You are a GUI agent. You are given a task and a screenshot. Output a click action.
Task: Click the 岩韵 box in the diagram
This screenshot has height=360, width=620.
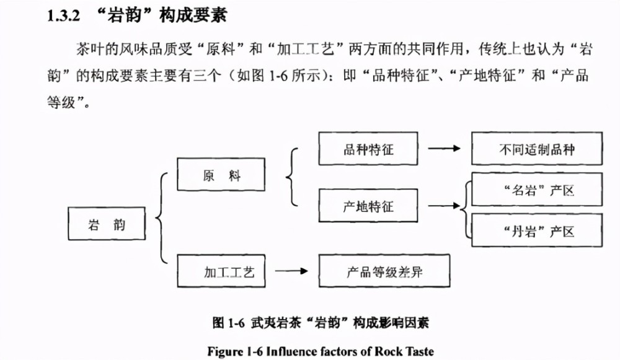point(107,224)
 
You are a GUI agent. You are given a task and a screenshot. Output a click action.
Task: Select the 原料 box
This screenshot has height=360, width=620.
point(221,174)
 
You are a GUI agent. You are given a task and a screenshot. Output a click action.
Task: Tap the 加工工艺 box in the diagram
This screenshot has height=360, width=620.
point(221,271)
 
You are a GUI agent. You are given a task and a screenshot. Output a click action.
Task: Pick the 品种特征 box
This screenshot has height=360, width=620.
point(368,149)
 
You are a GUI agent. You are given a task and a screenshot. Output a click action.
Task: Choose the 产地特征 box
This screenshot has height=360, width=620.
point(368,206)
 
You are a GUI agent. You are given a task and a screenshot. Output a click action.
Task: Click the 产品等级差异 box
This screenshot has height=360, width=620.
point(384,271)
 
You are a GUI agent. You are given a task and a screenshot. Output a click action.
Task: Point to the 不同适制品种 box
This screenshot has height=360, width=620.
point(537,149)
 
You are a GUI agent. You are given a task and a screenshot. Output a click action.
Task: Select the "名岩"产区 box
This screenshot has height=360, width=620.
point(537,190)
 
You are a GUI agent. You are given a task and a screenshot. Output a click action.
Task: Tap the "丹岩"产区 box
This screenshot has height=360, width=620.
point(537,230)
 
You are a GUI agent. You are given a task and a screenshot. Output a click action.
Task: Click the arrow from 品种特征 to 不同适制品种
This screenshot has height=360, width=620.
point(445,149)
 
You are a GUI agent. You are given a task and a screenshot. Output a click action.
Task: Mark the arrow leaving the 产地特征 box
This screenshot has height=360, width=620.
point(445,206)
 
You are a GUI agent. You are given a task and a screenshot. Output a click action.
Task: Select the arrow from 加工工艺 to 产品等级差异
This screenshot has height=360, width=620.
point(291,271)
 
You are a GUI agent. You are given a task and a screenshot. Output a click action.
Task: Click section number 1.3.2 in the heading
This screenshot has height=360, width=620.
point(63,16)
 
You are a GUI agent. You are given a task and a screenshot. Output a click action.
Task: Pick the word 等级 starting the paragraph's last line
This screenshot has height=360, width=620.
point(61,102)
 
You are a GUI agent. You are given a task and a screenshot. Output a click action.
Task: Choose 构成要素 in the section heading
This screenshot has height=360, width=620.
point(193,16)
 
